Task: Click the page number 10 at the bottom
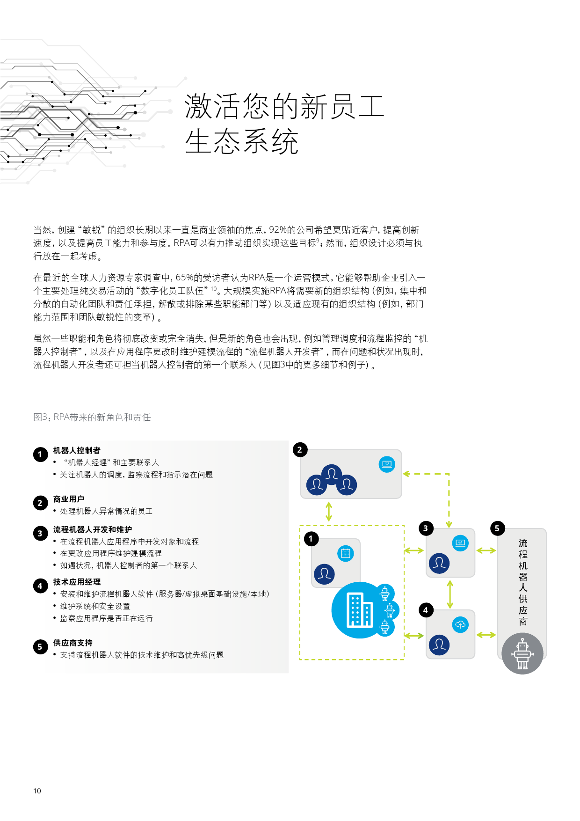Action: (37, 791)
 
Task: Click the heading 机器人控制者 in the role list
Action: (77, 450)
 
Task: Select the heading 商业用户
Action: (69, 499)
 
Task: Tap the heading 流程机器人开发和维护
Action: (93, 529)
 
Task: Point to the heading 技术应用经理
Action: (77, 582)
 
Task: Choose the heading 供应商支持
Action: (72, 643)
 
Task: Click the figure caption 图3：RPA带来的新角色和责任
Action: (92, 417)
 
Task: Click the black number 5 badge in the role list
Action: (40, 647)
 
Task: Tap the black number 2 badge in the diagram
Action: (300, 450)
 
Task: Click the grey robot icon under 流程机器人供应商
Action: (522, 653)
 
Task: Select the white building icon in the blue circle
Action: (360, 609)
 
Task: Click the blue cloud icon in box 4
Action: (460, 624)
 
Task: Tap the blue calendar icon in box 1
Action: (346, 553)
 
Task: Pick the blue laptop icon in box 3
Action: (460, 543)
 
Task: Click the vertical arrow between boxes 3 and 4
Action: (450, 594)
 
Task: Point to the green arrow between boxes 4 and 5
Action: (486, 635)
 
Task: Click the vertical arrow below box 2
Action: (329, 512)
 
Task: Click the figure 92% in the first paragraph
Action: (278, 230)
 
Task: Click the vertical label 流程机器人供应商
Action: (523, 582)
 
